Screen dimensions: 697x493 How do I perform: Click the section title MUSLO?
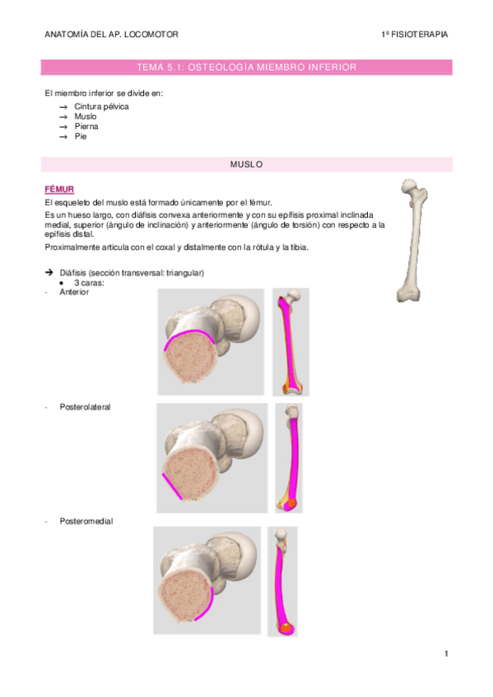[246, 164]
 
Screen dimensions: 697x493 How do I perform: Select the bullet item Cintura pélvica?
[101, 107]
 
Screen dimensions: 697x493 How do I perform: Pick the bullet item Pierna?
[87, 127]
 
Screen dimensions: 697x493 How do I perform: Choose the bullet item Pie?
[81, 136]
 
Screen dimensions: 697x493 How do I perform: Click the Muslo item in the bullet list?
[86, 117]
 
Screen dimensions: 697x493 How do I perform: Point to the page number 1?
[445, 653]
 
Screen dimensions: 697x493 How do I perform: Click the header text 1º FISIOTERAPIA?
[415, 35]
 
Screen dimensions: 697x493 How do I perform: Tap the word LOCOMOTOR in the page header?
[151, 35]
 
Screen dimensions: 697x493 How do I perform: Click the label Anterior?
[74, 292]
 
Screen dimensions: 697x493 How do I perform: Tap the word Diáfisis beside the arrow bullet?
[74, 273]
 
